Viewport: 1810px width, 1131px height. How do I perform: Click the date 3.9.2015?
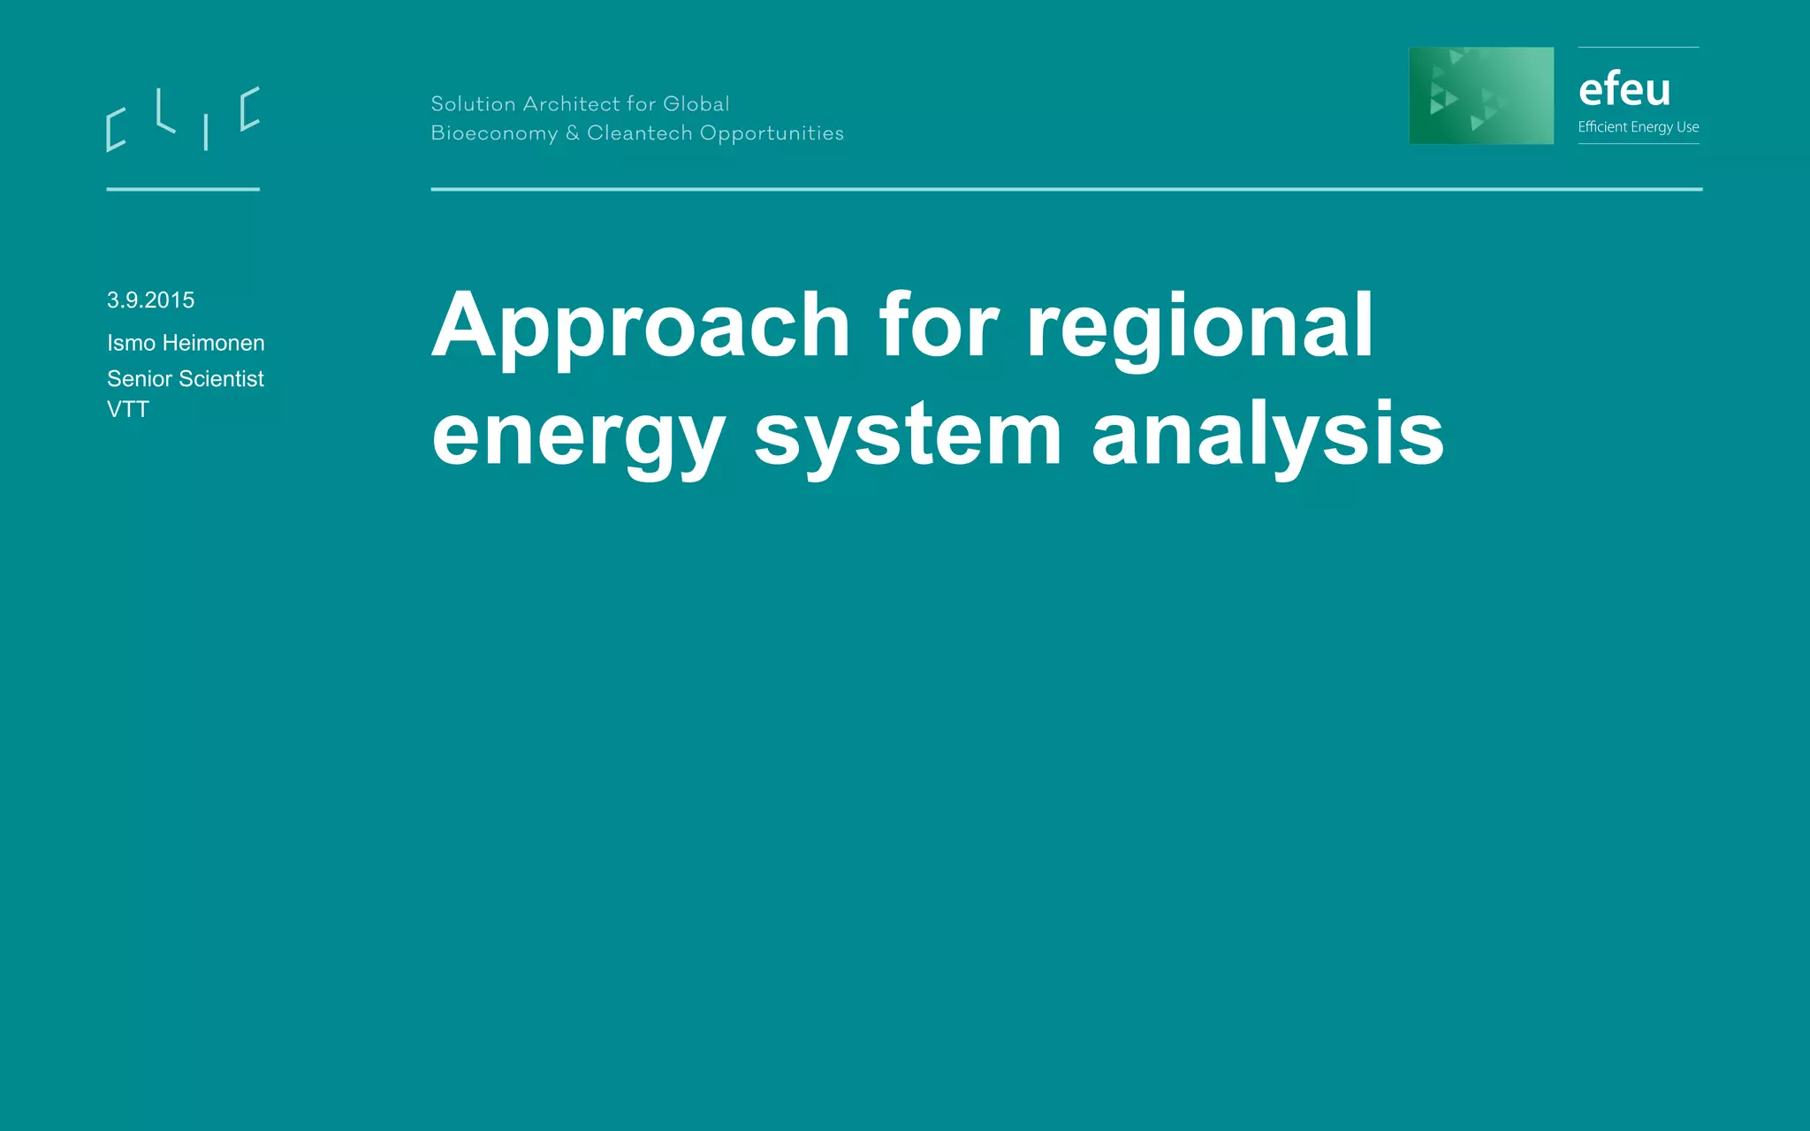click(x=150, y=300)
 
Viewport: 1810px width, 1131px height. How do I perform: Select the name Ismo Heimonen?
click(x=186, y=343)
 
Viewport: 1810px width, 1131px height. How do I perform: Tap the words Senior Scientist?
click(x=186, y=379)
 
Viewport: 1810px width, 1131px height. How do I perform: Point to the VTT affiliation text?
click(x=128, y=410)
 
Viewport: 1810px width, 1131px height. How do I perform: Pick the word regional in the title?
click(x=1199, y=327)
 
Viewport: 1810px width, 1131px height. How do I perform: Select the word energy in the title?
click(x=578, y=436)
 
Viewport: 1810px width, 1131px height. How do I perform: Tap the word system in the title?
click(x=908, y=436)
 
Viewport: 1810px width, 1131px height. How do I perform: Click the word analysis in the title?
click(x=1267, y=436)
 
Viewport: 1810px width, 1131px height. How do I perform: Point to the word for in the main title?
click(x=939, y=327)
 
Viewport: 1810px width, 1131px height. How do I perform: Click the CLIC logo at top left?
click(x=183, y=119)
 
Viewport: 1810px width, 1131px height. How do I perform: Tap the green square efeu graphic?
click(x=1481, y=95)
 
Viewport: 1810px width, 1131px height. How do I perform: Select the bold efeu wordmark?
click(x=1624, y=89)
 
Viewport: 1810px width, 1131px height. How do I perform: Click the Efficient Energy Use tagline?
click(x=1639, y=127)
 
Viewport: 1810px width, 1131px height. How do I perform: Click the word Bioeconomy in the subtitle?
click(x=494, y=133)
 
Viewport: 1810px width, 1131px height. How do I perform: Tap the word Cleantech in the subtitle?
click(x=639, y=133)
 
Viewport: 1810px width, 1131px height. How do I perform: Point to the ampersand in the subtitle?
click(x=573, y=133)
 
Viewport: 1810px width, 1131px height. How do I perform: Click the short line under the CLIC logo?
click(x=183, y=189)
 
